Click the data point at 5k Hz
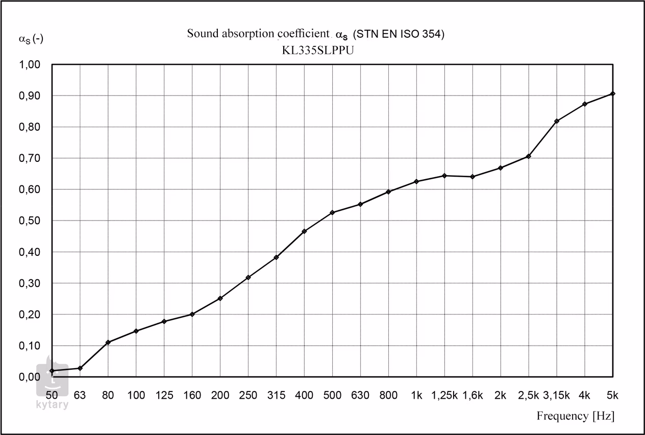(x=613, y=93)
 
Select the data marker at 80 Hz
(x=108, y=342)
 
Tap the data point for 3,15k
(x=557, y=121)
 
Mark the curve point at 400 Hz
(x=304, y=231)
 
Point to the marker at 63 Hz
(x=80, y=368)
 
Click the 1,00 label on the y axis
(x=30, y=65)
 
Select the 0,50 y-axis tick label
(x=30, y=221)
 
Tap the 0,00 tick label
(x=30, y=377)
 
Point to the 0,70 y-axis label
(x=30, y=158)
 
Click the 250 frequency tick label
(x=248, y=395)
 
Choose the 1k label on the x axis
(x=416, y=395)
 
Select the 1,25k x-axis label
(x=444, y=395)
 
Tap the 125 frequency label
(x=164, y=395)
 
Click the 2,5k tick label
(x=529, y=395)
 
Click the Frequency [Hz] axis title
(x=575, y=416)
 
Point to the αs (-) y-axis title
(x=31, y=39)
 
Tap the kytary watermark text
(x=52, y=405)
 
